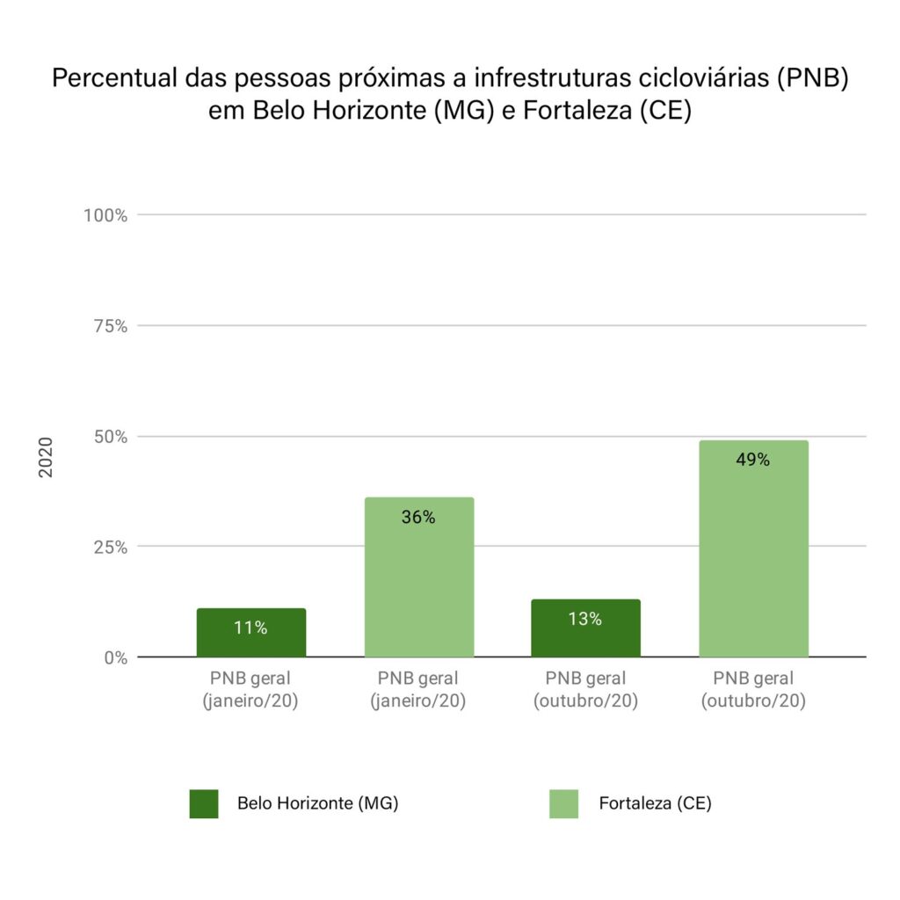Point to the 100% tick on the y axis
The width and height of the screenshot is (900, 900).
click(x=106, y=215)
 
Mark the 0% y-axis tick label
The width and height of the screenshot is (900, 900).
click(x=115, y=657)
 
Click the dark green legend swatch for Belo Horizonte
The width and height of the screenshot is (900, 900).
click(x=204, y=803)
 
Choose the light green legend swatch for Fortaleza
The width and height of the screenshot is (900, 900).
click(x=564, y=803)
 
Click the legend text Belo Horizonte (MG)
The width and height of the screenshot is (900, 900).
click(x=317, y=803)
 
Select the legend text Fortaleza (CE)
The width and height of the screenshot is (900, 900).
click(x=655, y=803)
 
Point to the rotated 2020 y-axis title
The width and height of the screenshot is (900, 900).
click(x=46, y=457)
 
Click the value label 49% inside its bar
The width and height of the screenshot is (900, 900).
click(x=753, y=460)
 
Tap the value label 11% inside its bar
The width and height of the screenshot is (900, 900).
click(x=250, y=628)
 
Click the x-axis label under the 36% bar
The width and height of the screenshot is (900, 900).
click(x=419, y=690)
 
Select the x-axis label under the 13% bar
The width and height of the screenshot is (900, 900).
click(x=585, y=690)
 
